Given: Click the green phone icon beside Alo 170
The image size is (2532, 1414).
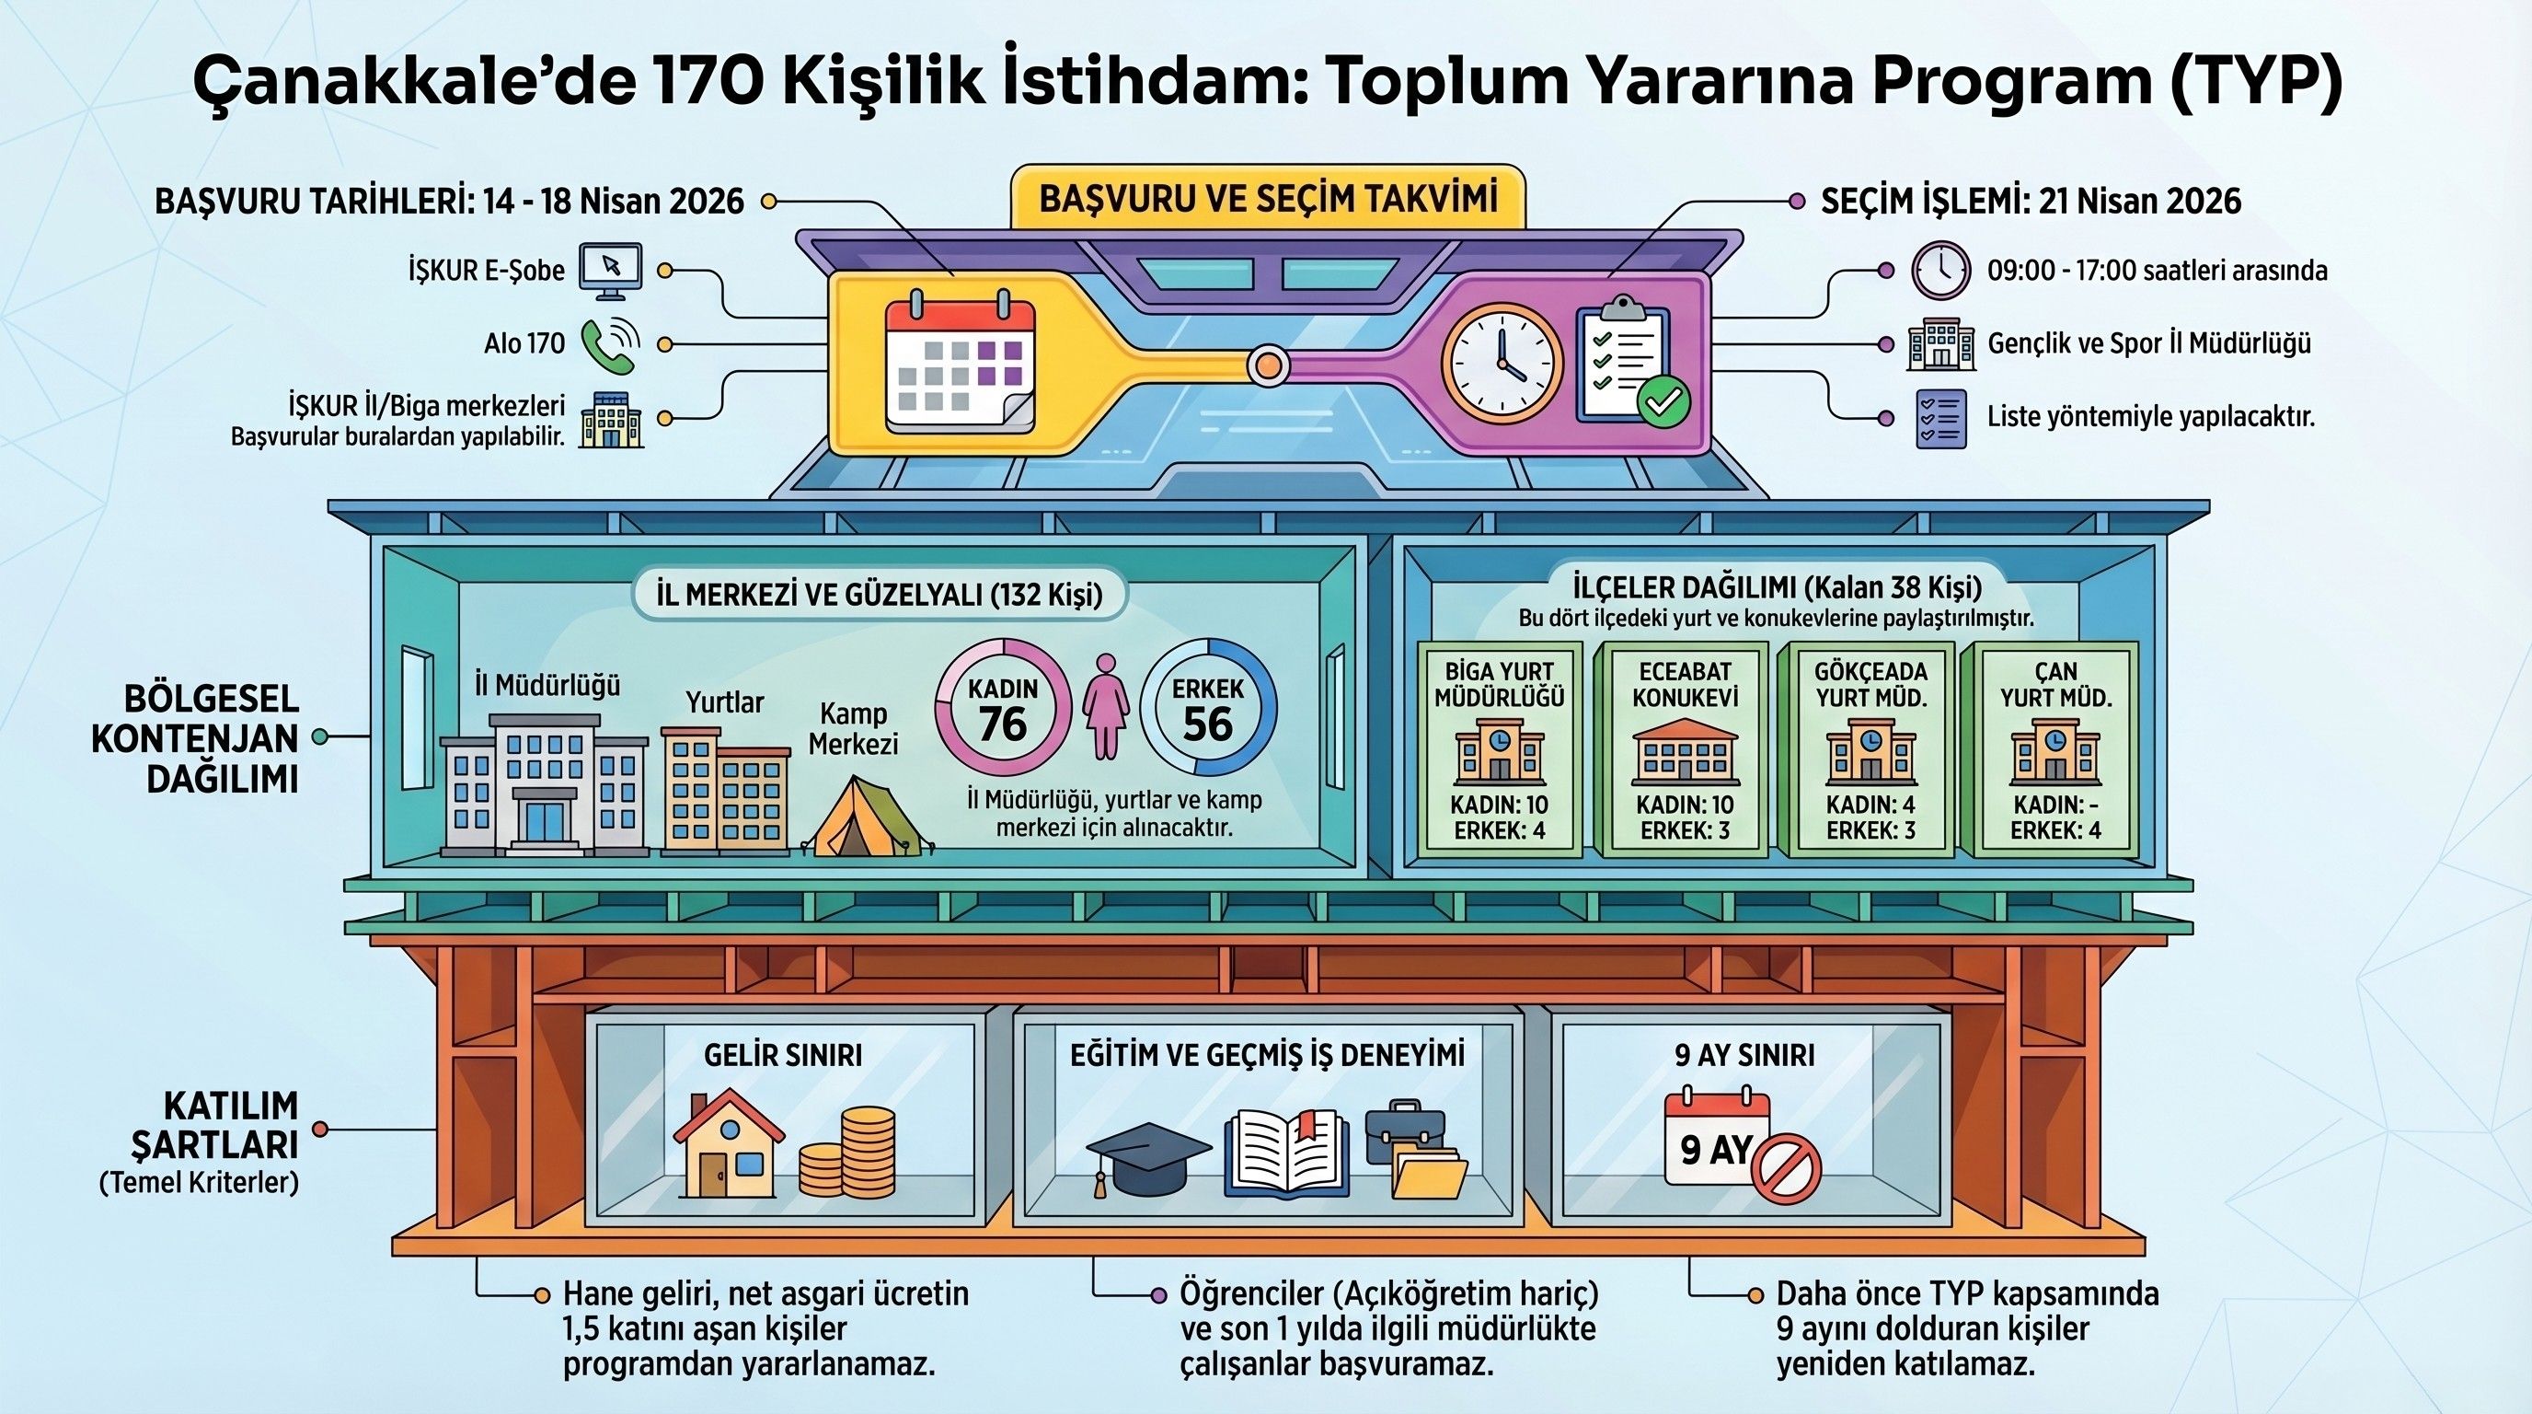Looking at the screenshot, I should tap(607, 344).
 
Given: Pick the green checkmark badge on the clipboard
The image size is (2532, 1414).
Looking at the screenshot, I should tap(1663, 401).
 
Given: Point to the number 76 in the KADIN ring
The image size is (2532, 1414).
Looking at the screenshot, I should tap(1003, 724).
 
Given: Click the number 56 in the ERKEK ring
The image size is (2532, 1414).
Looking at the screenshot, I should tap(1207, 724).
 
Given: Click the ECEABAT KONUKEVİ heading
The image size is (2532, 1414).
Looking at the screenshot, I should tap(1685, 684).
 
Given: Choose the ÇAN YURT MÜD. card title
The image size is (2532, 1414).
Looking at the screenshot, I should tap(2055, 684).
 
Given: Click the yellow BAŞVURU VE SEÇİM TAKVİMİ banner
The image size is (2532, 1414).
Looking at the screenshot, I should tap(1268, 200).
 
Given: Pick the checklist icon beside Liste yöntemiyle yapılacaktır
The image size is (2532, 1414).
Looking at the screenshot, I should tap(1940, 418).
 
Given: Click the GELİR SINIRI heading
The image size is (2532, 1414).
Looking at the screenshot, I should tap(782, 1055).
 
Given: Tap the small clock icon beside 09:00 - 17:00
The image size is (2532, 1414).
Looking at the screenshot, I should tap(1940, 271).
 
